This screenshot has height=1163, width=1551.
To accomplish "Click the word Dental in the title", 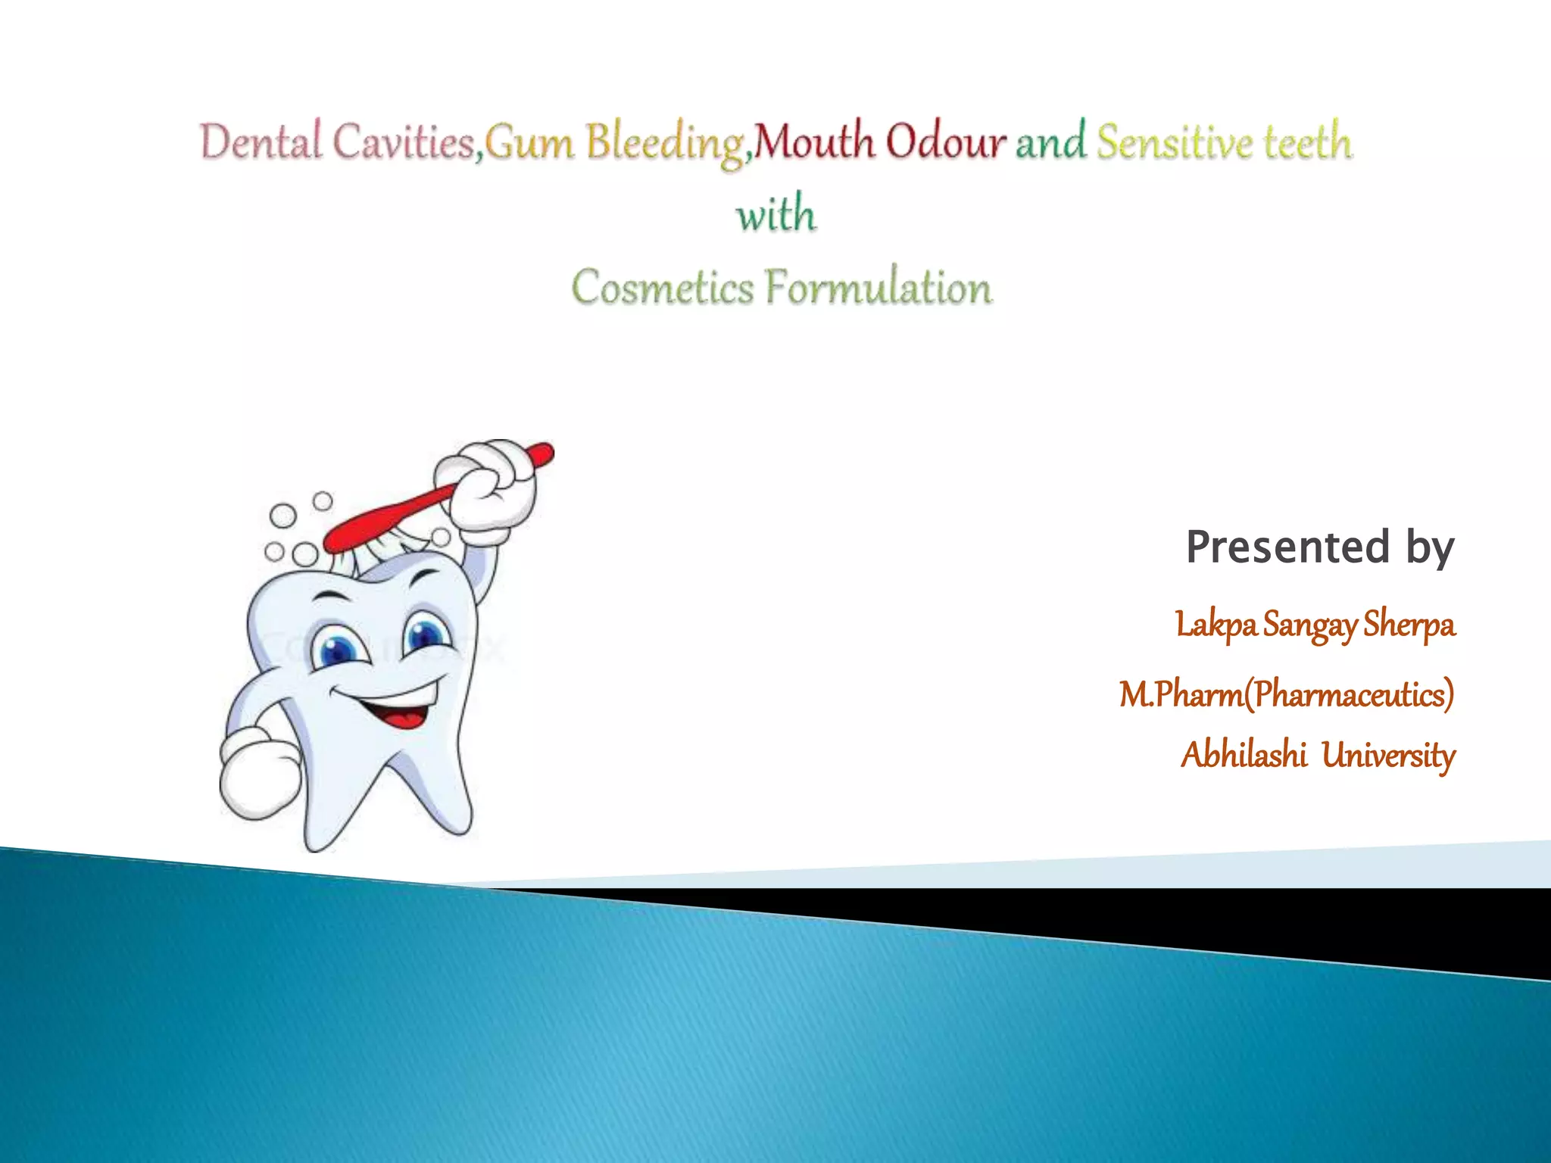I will click(x=261, y=142).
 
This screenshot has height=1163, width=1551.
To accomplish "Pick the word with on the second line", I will click(x=776, y=214).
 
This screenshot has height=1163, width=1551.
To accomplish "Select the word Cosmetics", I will click(x=663, y=288).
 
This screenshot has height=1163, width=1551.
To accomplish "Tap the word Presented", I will click(x=1287, y=547).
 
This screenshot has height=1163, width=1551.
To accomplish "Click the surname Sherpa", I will click(x=1409, y=625).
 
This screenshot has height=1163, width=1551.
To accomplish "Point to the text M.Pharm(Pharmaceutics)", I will click(x=1287, y=694).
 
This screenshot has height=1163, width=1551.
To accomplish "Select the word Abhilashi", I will click(x=1244, y=755).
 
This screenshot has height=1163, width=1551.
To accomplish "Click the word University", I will click(x=1388, y=755).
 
